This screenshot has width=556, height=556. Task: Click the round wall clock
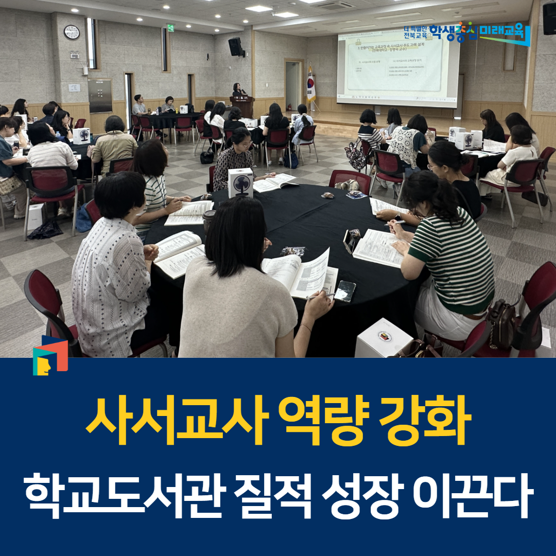(72, 32)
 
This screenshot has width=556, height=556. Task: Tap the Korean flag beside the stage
(311, 85)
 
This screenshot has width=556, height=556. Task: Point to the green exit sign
(170, 28)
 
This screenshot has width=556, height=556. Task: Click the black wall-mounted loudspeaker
(235, 46)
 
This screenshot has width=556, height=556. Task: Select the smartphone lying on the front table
(345, 291)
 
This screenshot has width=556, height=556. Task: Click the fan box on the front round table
(241, 183)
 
